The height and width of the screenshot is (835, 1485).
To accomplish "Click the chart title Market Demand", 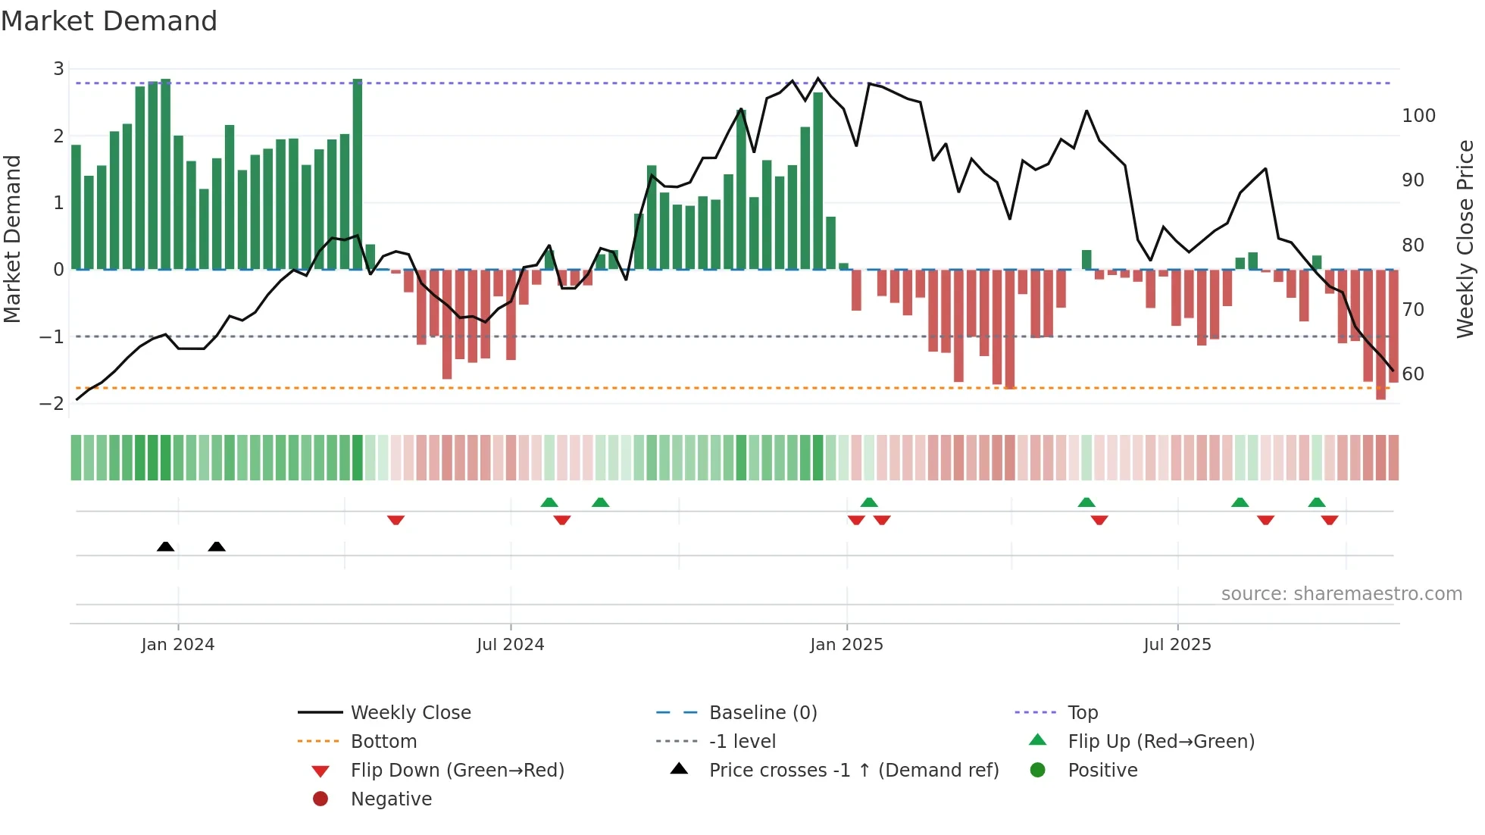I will tap(109, 21).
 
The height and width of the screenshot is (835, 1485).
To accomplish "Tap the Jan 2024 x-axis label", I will tap(178, 645).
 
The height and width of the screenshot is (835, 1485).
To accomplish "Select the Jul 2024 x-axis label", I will tap(510, 645).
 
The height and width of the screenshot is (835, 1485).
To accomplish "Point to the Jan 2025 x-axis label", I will tap(846, 645).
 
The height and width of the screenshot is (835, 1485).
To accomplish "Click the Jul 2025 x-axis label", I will tap(1177, 645).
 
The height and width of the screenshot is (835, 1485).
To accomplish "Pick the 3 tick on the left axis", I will tap(58, 69).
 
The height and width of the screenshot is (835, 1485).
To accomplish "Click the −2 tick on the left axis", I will tap(52, 403).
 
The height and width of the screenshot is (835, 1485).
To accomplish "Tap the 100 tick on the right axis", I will tap(1418, 116).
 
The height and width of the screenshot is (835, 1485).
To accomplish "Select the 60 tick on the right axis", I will tap(1413, 374).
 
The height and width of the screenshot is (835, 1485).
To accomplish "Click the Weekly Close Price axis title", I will tap(1465, 239).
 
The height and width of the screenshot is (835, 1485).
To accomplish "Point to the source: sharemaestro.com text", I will tap(1341, 594).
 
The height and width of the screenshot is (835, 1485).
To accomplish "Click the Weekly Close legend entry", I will tap(410, 713).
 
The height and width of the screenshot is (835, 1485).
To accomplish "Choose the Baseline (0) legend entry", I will tap(762, 713).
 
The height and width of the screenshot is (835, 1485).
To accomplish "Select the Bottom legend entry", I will tap(383, 742).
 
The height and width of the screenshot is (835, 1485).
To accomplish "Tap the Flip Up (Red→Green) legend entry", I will tap(1161, 742).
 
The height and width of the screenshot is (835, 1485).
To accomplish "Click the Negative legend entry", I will tap(391, 799).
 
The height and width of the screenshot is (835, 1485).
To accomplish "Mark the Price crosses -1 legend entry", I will tap(853, 771).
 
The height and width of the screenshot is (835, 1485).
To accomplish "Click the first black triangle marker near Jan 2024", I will tap(165, 546).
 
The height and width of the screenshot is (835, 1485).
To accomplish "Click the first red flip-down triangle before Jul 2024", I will tap(395, 520).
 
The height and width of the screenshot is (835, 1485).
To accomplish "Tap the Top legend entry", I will tap(1083, 713).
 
